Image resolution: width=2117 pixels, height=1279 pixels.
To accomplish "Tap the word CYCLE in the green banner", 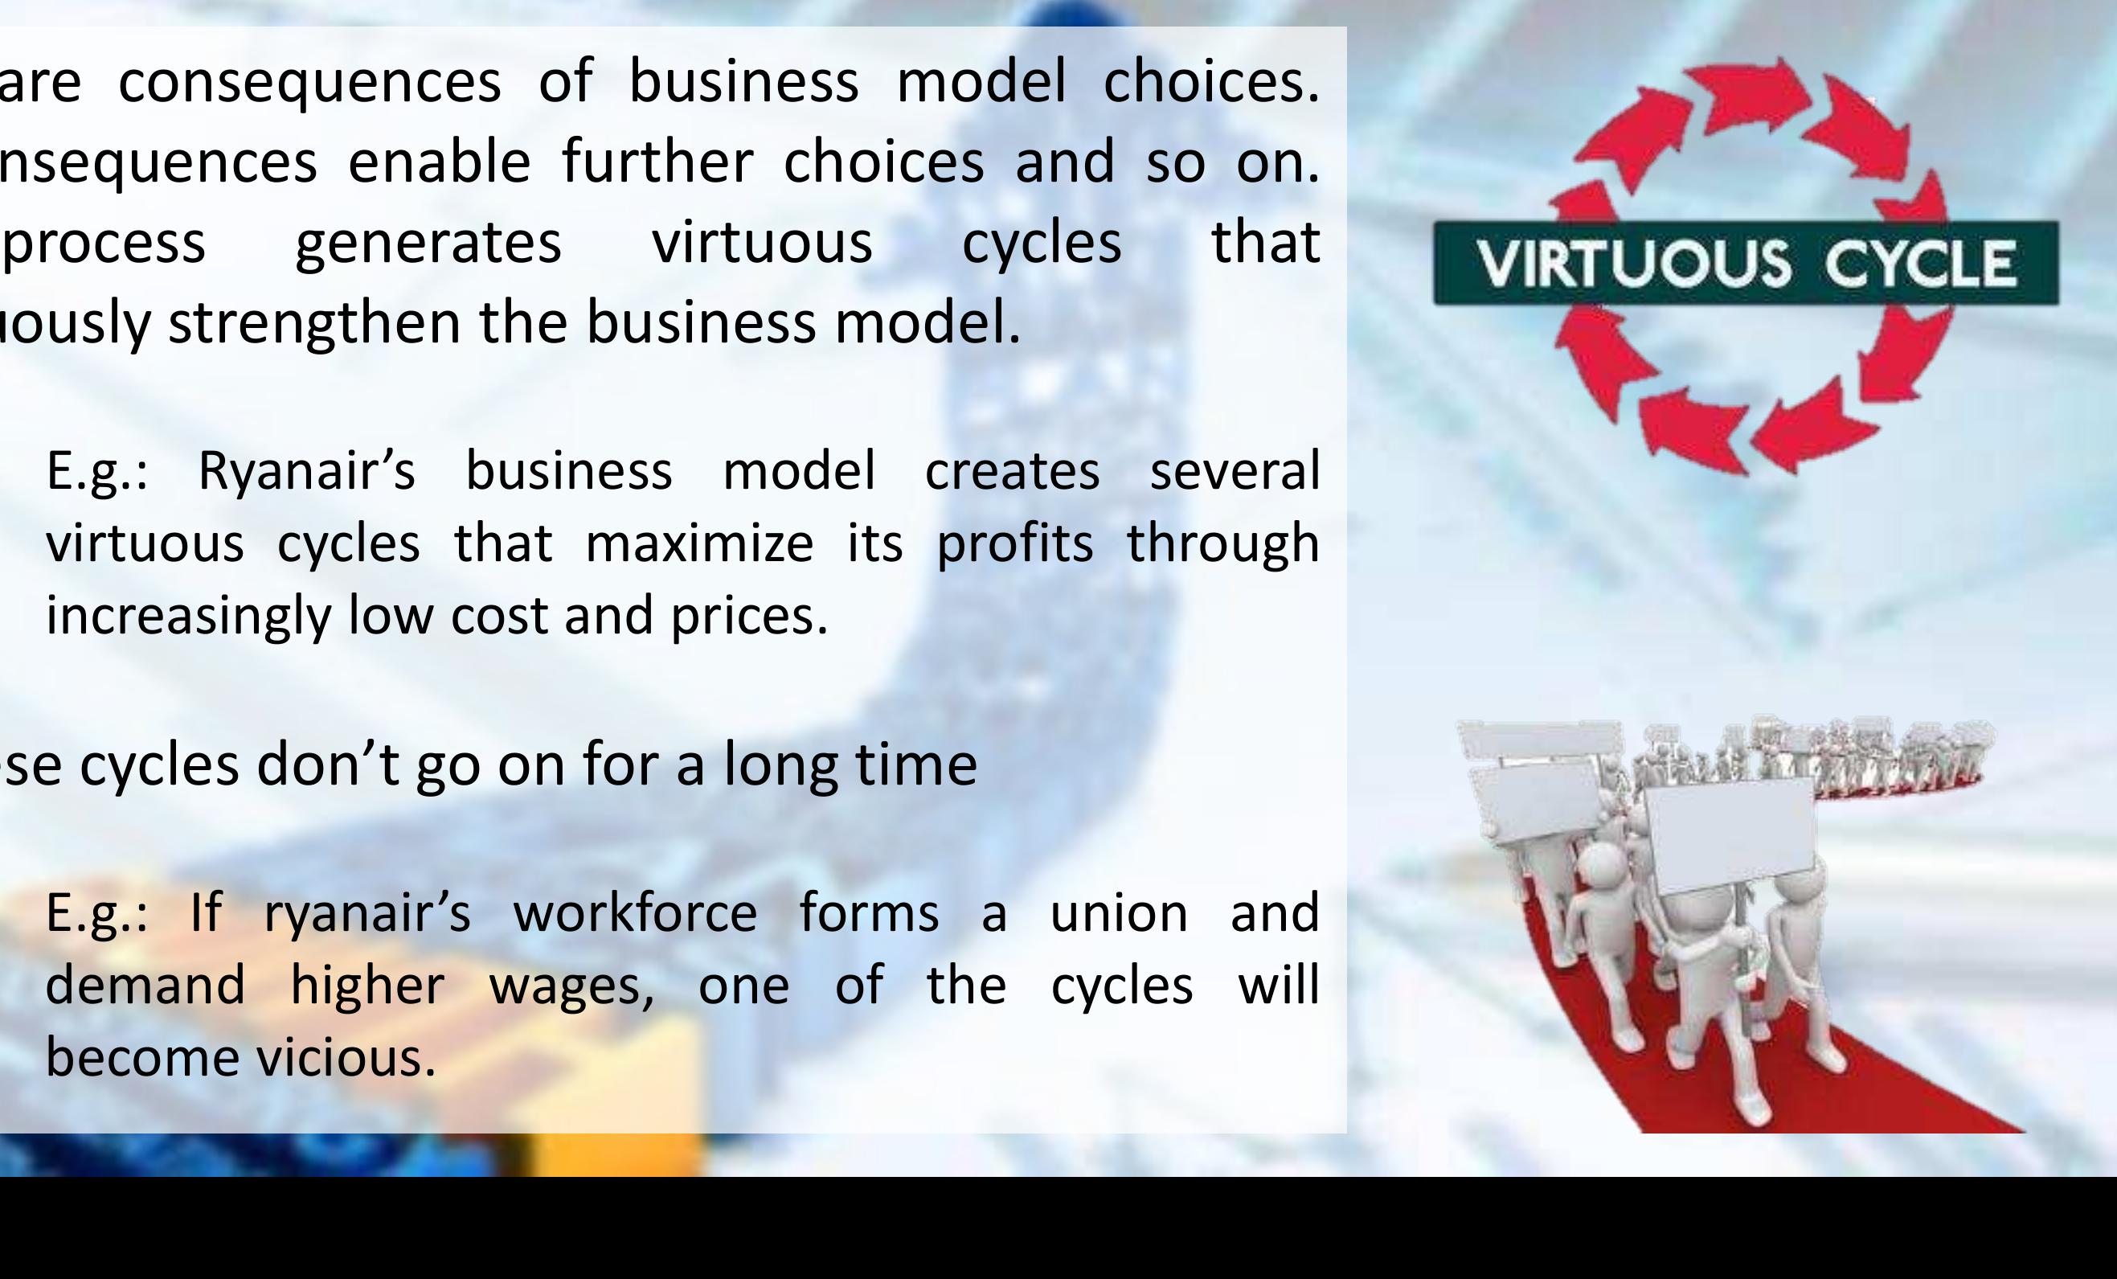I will [x=1919, y=263].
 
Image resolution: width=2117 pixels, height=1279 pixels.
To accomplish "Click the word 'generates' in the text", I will [x=428, y=244].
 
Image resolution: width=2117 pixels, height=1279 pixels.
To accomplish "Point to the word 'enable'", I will [x=439, y=162].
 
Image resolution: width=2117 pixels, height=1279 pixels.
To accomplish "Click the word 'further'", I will [x=657, y=162].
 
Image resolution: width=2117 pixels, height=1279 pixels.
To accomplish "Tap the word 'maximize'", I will [x=698, y=543].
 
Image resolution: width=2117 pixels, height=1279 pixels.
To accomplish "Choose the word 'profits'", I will [x=1014, y=545].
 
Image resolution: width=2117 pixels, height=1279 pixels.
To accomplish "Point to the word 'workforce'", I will [x=635, y=913].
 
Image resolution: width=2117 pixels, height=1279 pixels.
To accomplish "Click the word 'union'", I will [x=1119, y=913].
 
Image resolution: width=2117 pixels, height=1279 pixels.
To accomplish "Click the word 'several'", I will [x=1234, y=471].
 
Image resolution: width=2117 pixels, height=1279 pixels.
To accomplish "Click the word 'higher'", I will [x=366, y=985].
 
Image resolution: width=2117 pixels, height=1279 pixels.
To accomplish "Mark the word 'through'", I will [x=1222, y=545].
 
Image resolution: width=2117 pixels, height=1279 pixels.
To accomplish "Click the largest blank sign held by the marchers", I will [x=1729, y=834].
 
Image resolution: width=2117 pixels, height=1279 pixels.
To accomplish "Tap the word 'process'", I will [x=104, y=244].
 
